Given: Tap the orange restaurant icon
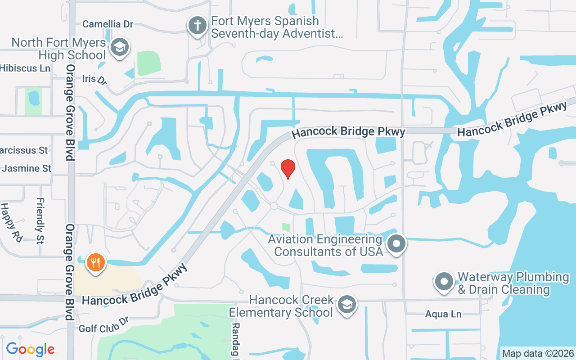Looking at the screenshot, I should (x=95, y=262).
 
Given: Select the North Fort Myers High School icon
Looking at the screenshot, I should (x=119, y=47).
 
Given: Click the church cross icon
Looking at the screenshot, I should (x=197, y=25).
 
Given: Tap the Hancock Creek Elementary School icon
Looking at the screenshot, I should (x=346, y=305).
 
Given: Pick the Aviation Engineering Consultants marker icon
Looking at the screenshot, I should (x=396, y=244).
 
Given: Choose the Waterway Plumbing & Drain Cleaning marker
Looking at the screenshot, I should (x=444, y=282).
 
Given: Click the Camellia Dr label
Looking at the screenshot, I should (x=108, y=24).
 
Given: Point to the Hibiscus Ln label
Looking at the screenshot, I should (x=25, y=68).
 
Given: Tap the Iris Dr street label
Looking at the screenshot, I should (x=94, y=80).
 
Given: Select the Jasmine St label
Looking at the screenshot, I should (x=27, y=169).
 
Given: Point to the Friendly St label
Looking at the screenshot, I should (x=40, y=220).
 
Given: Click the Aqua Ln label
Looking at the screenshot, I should (x=443, y=314).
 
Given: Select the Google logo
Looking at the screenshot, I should (x=30, y=349).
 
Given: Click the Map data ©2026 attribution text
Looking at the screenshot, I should (x=538, y=353).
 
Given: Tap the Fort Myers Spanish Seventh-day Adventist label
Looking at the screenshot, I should (x=277, y=27).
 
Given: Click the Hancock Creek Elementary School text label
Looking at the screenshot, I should (x=281, y=306).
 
